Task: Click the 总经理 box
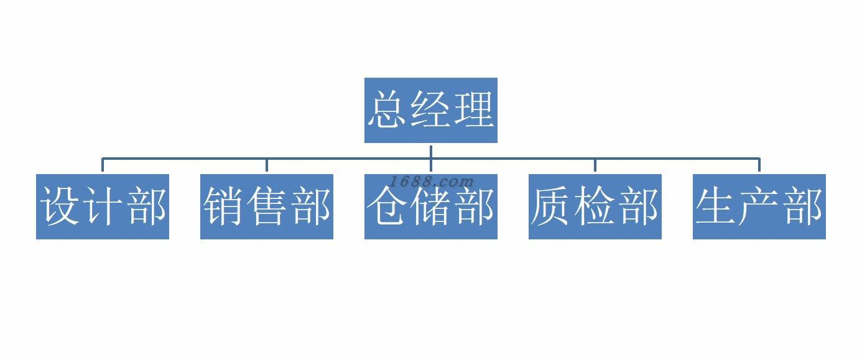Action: coord(430,110)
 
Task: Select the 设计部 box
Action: coord(103,206)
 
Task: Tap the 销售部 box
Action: coord(267,206)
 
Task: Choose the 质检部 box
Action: coord(595,206)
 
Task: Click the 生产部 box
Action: coord(759,206)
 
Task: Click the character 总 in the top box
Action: coord(387,110)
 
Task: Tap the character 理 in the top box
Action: coord(474,110)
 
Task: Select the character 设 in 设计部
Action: coord(60,206)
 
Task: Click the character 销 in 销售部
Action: coord(224,206)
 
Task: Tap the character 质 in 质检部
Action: coord(551,206)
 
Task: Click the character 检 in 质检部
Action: coord(595,206)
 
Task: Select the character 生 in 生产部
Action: coord(715,206)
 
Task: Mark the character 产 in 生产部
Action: coord(759,206)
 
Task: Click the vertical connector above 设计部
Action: coord(103,165)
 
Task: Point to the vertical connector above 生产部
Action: coord(759,165)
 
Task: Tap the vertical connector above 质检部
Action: coord(595,165)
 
